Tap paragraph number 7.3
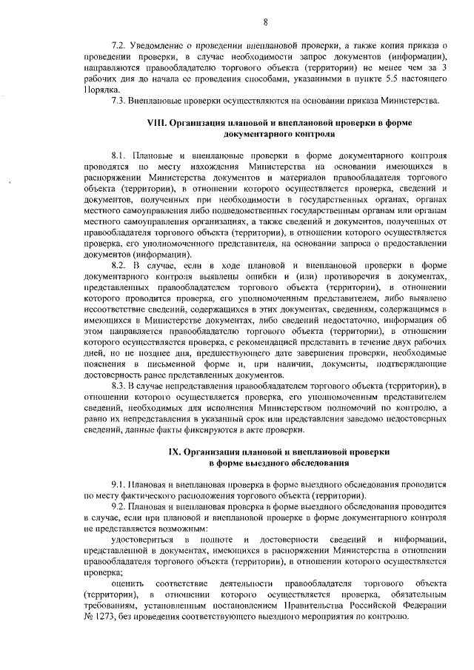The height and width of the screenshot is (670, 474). pos(118,99)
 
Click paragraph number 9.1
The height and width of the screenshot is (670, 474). pos(118,484)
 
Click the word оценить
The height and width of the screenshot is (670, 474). pos(126,583)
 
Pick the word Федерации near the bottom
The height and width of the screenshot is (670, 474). pos(423,605)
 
